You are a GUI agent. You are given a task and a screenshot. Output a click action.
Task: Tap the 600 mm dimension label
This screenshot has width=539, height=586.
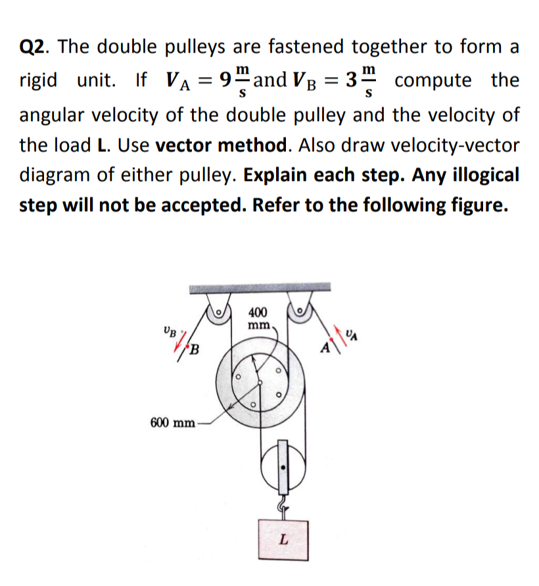172,422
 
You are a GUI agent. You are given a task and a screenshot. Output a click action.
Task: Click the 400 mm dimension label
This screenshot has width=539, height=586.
258,319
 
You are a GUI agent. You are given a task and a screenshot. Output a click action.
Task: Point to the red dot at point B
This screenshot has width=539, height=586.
185,343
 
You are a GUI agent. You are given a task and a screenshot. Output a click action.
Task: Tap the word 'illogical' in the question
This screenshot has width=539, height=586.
479,176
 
